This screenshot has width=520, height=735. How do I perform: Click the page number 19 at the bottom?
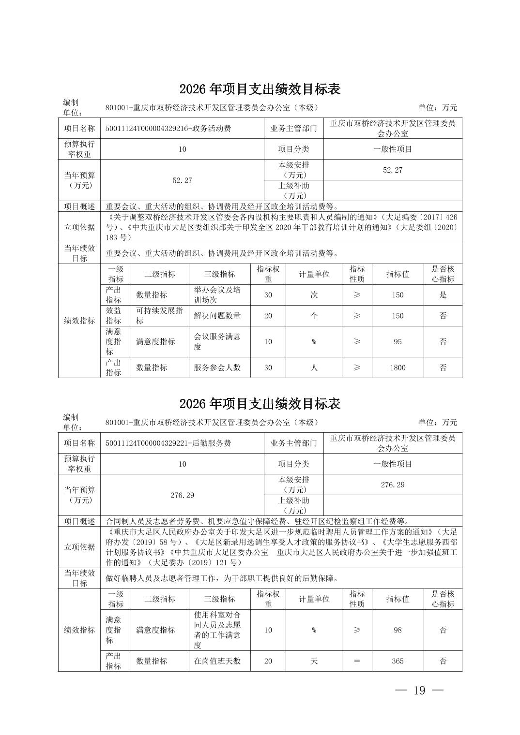(419, 691)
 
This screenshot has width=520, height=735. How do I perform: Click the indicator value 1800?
(398, 367)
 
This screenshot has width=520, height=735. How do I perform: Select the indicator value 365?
(398, 661)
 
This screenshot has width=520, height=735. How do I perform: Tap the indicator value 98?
(398, 630)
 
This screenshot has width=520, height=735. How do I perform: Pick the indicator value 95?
(398, 341)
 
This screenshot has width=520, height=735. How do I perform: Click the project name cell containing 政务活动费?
(168, 129)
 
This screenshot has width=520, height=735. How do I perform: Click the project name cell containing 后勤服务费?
(168, 443)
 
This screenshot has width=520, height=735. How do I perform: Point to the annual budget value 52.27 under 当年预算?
(182, 180)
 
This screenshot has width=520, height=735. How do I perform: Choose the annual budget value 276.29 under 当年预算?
(182, 495)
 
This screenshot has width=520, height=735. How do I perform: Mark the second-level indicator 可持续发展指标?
(159, 316)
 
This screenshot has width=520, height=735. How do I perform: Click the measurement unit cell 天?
(314, 661)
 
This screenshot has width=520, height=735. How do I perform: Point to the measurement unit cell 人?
(314, 367)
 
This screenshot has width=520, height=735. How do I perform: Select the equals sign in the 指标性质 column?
(357, 661)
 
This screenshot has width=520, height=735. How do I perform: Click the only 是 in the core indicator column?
(443, 295)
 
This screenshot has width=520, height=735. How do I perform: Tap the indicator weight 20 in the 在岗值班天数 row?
(268, 661)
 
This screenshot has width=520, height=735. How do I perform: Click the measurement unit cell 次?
(314, 295)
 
